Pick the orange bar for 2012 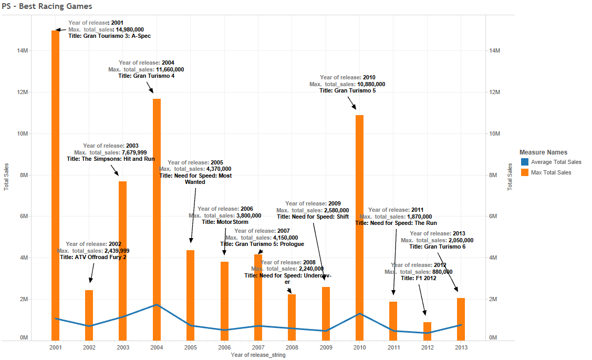click(x=427, y=331)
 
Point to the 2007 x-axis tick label click(x=258, y=347)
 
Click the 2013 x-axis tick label click(x=461, y=347)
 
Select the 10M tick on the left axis click(x=23, y=133)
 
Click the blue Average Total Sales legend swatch click(x=524, y=162)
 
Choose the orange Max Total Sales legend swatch click(x=524, y=172)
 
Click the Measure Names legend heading click(x=543, y=152)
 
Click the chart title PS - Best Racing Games click(x=47, y=6)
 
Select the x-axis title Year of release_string click(x=258, y=355)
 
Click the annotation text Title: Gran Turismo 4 click(x=146, y=76)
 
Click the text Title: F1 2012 click(x=419, y=279)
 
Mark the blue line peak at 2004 click(x=157, y=304)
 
